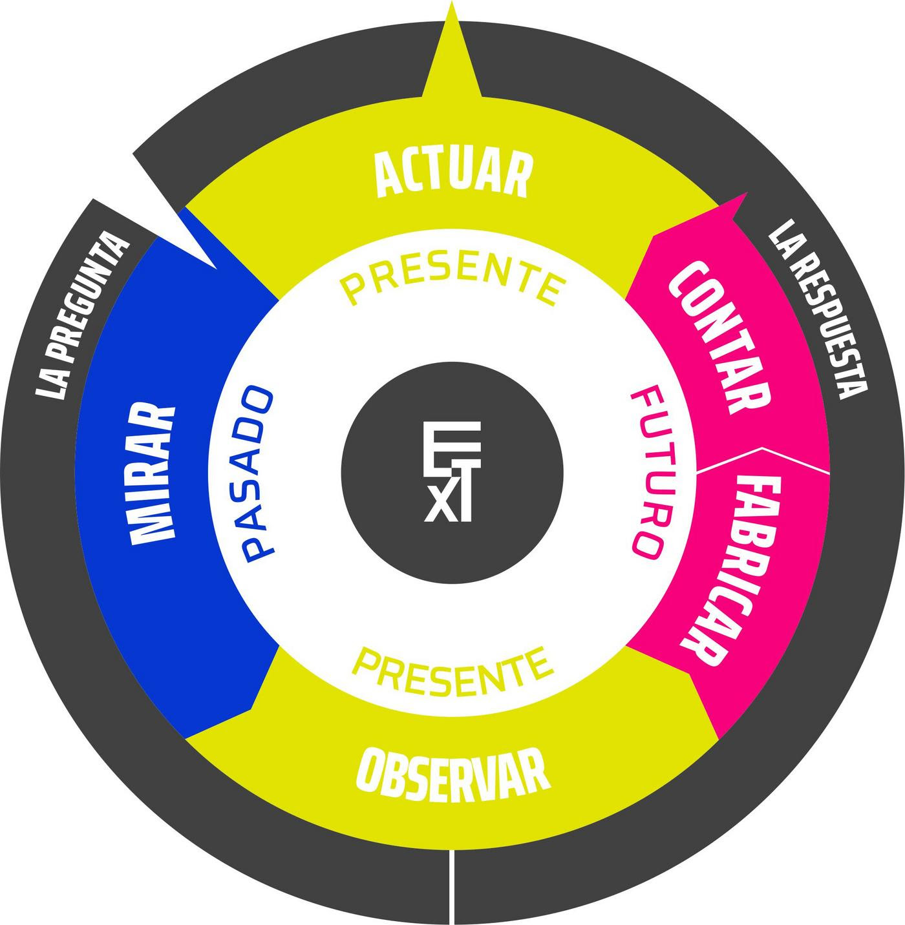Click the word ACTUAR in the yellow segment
(x=452, y=174)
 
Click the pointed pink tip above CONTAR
(x=747, y=193)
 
